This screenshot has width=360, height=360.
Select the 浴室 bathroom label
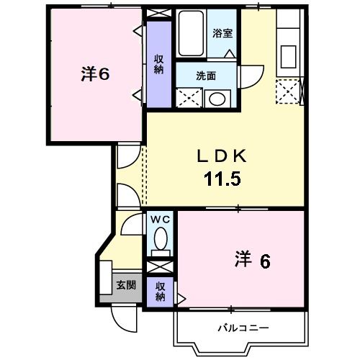tap(222, 32)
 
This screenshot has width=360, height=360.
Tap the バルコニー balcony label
tap(243, 328)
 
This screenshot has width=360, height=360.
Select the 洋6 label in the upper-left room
tap(94, 73)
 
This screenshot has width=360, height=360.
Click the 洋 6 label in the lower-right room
tap(252, 259)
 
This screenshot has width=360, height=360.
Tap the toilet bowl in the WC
tap(161, 240)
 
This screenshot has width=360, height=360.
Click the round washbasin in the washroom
tap(216, 99)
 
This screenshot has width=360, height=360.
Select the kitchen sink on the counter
tap(289, 55)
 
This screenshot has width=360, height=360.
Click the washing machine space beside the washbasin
tap(189, 96)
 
